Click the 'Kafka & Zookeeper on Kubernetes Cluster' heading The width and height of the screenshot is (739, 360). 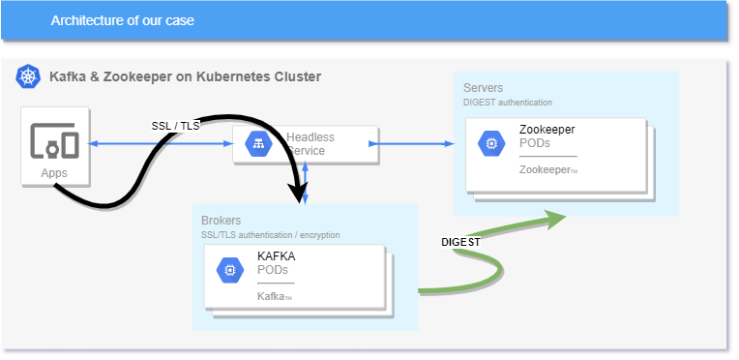[185, 76]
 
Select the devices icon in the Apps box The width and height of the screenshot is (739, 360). [54, 141]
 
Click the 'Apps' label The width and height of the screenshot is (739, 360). [54, 173]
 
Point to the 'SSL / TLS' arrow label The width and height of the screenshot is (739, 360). [177, 126]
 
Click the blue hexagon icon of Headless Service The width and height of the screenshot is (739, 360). [258, 144]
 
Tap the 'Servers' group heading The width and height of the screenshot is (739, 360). [483, 88]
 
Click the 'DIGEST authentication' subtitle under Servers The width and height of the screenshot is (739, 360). [508, 102]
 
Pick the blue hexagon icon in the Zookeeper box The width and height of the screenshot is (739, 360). [490, 143]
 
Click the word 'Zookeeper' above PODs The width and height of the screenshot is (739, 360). [547, 129]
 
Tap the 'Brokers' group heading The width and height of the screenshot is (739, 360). [221, 221]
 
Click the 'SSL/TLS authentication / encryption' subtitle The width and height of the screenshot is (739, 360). [270, 235]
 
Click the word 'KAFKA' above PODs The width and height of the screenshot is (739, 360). [276, 256]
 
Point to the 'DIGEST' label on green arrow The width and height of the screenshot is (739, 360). [460, 242]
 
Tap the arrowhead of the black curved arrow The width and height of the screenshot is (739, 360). [296, 196]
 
